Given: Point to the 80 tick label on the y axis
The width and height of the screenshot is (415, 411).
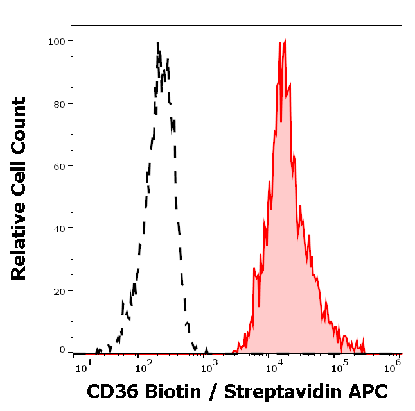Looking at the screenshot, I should pyautogui.click(x=58, y=103).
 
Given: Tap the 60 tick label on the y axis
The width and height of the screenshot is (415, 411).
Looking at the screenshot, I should pyautogui.click(x=58, y=165).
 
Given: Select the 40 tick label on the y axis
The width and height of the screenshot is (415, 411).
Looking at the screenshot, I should pyautogui.click(x=58, y=228).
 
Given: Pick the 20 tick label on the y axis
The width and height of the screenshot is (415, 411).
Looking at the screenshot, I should pyautogui.click(x=58, y=290).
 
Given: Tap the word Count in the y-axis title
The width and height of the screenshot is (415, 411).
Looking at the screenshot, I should pyautogui.click(x=19, y=124).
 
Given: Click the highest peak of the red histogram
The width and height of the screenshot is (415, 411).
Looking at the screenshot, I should pyautogui.click(x=285, y=40).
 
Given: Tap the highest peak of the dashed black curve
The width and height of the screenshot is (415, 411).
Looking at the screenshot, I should pyautogui.click(x=157, y=43).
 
